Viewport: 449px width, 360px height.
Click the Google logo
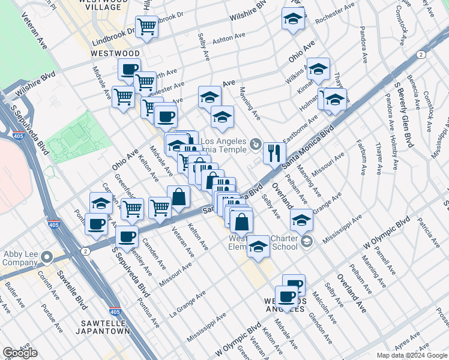point(20,353)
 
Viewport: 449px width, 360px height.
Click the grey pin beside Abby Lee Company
point(47,257)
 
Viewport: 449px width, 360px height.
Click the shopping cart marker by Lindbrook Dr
point(146,27)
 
